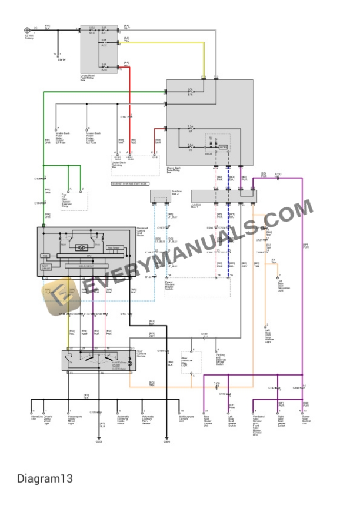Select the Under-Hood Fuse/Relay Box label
tap(87, 78)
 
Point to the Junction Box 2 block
tap(161, 196)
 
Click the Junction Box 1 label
tap(197, 206)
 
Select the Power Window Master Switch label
tap(172, 286)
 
